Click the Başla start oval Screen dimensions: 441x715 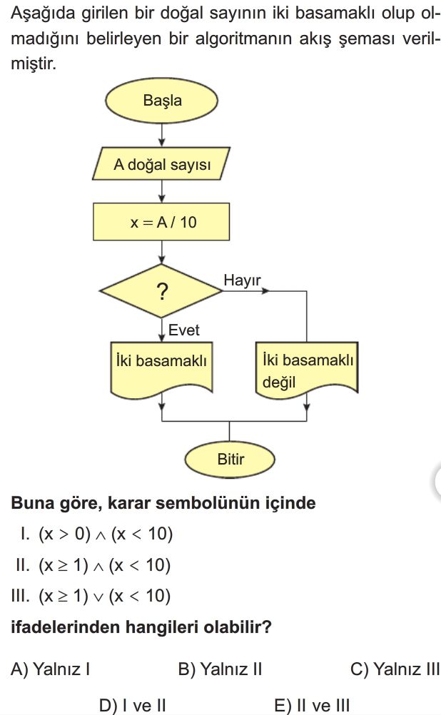click(161, 101)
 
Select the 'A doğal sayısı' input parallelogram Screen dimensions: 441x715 click(161, 163)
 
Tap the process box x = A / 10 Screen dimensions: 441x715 click(161, 222)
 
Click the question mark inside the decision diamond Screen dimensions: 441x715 click(162, 291)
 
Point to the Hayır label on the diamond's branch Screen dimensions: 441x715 click(242, 280)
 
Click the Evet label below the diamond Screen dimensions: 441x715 click(184, 330)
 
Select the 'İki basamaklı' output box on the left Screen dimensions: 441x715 click(161, 367)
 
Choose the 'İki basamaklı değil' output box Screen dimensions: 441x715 click(307, 368)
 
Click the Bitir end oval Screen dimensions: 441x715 click(230, 460)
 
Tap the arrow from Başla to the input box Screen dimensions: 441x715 click(161, 136)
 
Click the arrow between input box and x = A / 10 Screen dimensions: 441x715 click(161, 191)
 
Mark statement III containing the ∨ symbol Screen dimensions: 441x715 click(91, 596)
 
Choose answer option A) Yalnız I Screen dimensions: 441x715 click(50, 669)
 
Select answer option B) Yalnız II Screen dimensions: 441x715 click(220, 669)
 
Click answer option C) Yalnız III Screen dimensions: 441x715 click(395, 669)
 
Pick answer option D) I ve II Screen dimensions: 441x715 click(132, 705)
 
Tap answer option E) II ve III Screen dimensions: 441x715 click(312, 705)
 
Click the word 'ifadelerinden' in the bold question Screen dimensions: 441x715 click(65, 627)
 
